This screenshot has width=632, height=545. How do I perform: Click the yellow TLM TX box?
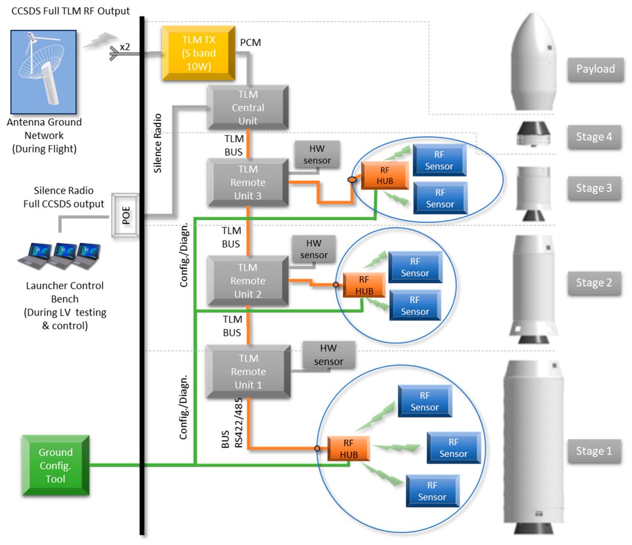198,53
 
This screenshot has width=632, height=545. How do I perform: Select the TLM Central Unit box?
248,108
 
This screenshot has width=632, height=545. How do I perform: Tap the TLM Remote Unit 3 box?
248,182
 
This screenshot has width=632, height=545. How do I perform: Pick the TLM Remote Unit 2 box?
248,281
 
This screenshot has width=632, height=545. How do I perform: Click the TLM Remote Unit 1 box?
248,372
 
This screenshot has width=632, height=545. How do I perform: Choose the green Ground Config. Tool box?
55,465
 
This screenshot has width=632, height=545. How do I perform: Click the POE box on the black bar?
126,216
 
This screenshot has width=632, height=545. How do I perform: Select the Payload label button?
595,69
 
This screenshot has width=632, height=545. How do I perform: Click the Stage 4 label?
594,137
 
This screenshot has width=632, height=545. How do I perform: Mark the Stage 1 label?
594,451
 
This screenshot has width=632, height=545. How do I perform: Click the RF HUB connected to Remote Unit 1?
348,449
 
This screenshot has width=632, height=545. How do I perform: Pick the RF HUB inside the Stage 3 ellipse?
384,176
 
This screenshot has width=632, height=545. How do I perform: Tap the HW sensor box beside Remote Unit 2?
313,249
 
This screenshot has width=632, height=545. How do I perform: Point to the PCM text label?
250,42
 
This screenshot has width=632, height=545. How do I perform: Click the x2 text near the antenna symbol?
125,47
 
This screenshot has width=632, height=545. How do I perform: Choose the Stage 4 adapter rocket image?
533,134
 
